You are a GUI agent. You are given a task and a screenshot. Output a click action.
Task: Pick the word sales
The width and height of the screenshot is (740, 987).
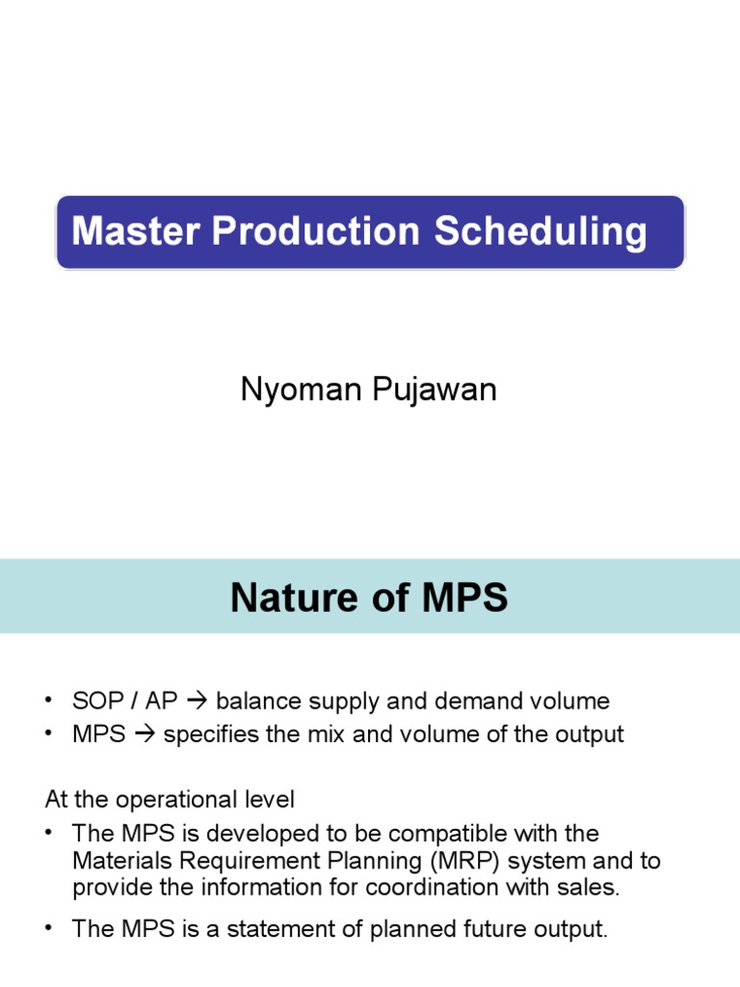tap(592, 887)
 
